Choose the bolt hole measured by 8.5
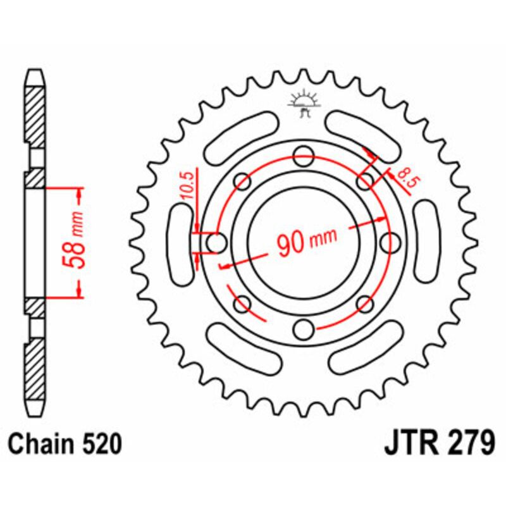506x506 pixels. (x=365, y=182)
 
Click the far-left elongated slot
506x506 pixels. (x=182, y=241)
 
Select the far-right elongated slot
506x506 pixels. (x=428, y=241)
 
